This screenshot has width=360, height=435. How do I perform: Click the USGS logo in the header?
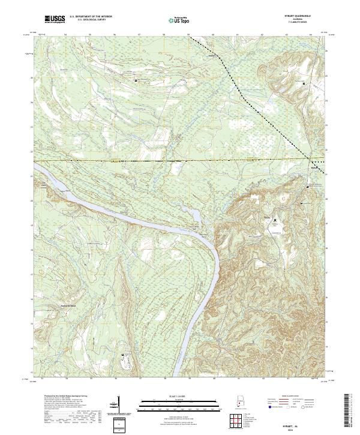55,20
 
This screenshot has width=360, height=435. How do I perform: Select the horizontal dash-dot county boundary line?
150,161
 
